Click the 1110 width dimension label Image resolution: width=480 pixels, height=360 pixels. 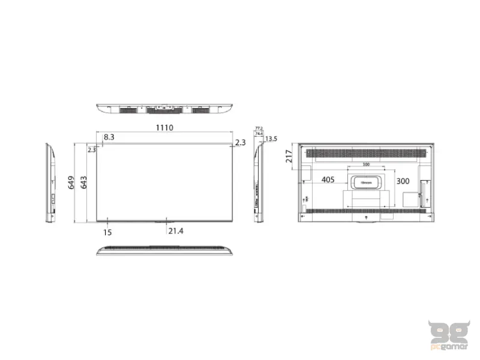tap(165, 128)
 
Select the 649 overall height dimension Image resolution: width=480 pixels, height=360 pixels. tap(71, 182)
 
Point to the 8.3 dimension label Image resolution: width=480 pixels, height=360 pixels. tap(109, 137)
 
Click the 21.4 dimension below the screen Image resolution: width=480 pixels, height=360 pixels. tap(176, 231)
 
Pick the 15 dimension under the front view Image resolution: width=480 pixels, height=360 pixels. tap(107, 231)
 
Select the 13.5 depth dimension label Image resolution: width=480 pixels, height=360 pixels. tap(271, 139)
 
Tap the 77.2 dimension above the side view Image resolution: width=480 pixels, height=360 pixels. tap(259, 128)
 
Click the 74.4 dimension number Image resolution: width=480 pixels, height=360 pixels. tap(259, 134)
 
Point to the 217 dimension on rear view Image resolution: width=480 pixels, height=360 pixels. tap(290, 157)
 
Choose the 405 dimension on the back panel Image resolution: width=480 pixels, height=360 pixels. tap(328, 179)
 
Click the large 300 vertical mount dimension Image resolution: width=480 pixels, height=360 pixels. tap(403, 181)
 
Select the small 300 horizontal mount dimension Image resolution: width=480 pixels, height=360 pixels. tap(365, 165)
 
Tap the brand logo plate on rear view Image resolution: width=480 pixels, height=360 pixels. tap(365, 181)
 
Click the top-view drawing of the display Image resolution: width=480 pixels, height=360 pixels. tap(165, 109)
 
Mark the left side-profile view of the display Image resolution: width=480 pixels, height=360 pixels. tap(51, 182)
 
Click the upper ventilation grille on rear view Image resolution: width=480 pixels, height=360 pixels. tap(365, 153)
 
